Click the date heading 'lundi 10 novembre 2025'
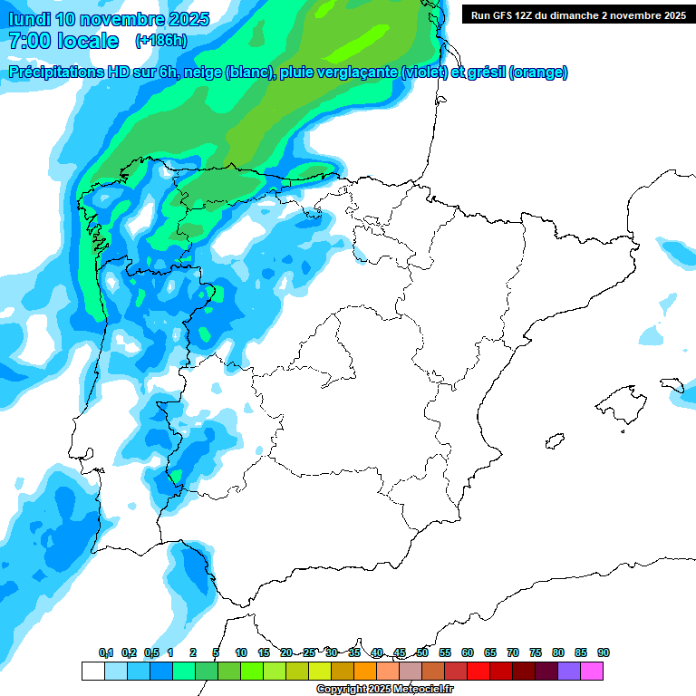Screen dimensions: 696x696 point(109,19)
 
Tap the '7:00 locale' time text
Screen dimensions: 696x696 point(63,41)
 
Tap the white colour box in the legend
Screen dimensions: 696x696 point(92,671)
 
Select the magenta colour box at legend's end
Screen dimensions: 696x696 point(592,671)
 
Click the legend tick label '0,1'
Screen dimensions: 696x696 point(106,653)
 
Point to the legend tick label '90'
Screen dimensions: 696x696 point(604,653)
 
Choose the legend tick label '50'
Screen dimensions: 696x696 point(422,653)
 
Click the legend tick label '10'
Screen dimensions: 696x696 point(241,653)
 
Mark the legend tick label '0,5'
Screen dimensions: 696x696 point(151,653)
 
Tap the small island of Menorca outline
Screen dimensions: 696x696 point(671,384)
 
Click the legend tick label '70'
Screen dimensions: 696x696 point(513,653)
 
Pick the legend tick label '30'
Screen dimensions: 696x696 point(332,653)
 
